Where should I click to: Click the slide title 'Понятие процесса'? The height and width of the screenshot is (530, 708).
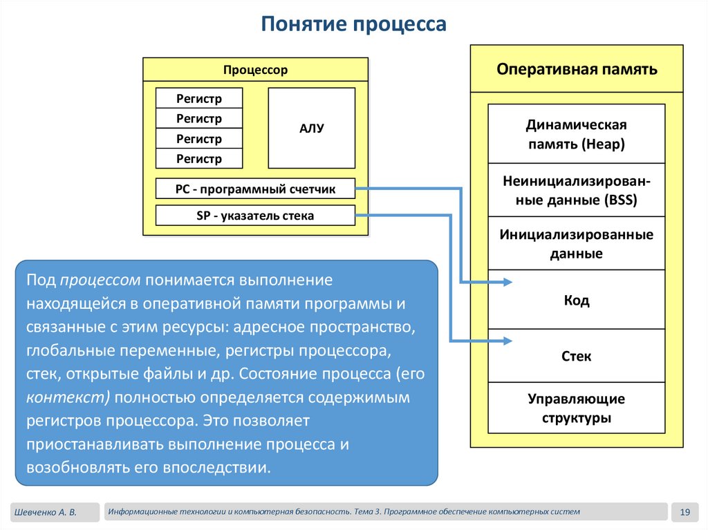click(354, 25)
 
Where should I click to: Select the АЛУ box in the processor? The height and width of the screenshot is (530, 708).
click(311, 129)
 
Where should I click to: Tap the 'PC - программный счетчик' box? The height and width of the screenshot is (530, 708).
click(255, 189)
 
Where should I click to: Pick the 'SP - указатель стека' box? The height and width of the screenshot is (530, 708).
click(255, 216)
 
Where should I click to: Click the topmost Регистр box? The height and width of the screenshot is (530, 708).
click(199, 98)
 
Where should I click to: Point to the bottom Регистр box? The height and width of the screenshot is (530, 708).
click(199, 159)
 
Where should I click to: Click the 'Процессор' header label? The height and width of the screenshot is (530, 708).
click(255, 70)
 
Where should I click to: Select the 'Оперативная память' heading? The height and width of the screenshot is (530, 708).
click(577, 69)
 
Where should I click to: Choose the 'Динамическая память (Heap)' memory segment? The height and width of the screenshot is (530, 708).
click(577, 134)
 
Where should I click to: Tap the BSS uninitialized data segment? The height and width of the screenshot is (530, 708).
click(577, 190)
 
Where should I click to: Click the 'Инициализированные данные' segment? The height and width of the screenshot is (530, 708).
click(577, 243)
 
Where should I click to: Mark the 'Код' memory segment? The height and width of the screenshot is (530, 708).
click(577, 301)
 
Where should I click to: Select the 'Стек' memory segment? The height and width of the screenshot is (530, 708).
click(577, 357)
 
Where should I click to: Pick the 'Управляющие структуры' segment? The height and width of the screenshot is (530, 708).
click(577, 408)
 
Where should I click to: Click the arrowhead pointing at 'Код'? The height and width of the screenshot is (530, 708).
click(507, 282)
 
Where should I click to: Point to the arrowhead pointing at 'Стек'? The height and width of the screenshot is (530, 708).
click(507, 340)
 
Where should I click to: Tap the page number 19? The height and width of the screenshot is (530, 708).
click(686, 512)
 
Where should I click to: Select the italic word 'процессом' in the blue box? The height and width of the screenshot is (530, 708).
click(100, 280)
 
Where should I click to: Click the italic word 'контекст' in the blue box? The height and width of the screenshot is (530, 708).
click(68, 398)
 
